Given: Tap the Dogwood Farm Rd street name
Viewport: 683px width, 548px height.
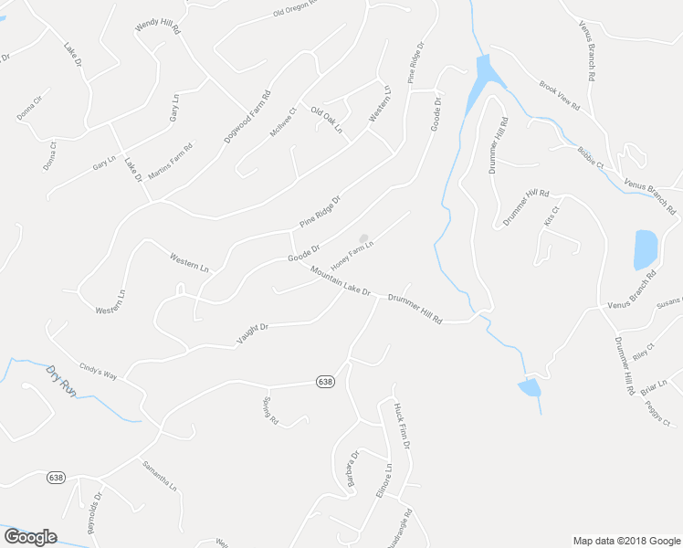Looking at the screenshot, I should point(247,116).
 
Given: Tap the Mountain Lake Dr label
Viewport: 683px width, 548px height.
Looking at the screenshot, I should point(339,281).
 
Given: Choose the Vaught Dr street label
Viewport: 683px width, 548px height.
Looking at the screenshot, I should point(253,333).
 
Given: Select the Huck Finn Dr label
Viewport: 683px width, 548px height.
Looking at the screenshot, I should point(403,426).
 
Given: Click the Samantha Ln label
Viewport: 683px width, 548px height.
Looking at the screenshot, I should point(158,476).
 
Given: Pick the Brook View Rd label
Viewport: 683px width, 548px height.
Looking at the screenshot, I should point(560,95).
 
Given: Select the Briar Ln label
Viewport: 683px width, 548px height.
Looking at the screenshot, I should point(654,388).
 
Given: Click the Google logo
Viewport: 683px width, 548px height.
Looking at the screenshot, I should point(30,536).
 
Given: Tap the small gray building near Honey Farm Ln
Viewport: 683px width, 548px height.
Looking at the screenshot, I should point(363,239).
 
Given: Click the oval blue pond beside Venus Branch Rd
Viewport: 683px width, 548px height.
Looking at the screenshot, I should point(645,248).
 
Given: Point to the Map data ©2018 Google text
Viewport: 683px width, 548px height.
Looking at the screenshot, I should point(625,540).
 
